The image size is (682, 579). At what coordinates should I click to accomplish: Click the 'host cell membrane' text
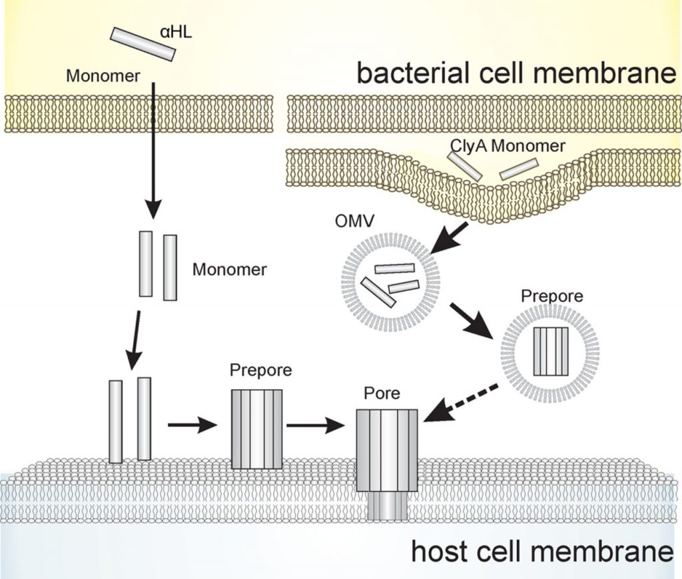pyautogui.click(x=539, y=552)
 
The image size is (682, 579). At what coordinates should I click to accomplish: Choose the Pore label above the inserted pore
pyautogui.click(x=382, y=394)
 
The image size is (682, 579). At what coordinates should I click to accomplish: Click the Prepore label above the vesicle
pyautogui.click(x=551, y=295)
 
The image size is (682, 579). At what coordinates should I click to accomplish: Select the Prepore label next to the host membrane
pyautogui.click(x=260, y=370)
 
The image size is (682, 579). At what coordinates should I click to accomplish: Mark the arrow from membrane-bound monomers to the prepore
pyautogui.click(x=192, y=424)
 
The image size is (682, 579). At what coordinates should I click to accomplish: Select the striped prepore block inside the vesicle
pyautogui.click(x=551, y=350)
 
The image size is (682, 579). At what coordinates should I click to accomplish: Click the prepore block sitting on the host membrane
pyautogui.click(x=256, y=429)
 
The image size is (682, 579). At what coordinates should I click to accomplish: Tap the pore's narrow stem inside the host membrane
pyautogui.click(x=387, y=506)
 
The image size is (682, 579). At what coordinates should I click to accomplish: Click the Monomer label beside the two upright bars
pyautogui.click(x=229, y=270)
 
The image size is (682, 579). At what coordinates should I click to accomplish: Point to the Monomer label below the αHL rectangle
pyautogui.click(x=103, y=76)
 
